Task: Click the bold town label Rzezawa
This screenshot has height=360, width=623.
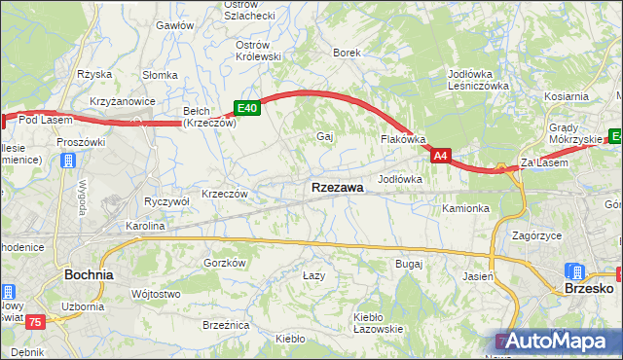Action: (x=337, y=187)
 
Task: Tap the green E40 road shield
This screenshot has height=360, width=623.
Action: (x=246, y=109)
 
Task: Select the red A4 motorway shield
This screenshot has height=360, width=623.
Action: (x=441, y=155)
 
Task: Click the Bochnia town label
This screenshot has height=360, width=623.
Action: (x=88, y=274)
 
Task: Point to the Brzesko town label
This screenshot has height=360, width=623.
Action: (x=588, y=288)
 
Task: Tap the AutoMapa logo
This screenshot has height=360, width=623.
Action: (x=559, y=341)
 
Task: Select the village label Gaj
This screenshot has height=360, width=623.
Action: (x=325, y=136)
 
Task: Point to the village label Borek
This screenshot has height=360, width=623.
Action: (x=347, y=53)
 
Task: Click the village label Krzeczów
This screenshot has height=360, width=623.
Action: (x=225, y=193)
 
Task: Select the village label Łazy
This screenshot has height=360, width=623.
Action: (x=312, y=276)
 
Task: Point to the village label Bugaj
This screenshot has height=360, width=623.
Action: (x=408, y=264)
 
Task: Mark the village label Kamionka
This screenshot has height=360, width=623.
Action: (x=464, y=208)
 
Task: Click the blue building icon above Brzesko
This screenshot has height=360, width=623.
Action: (x=576, y=271)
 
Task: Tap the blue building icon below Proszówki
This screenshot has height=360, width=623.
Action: (x=67, y=160)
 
